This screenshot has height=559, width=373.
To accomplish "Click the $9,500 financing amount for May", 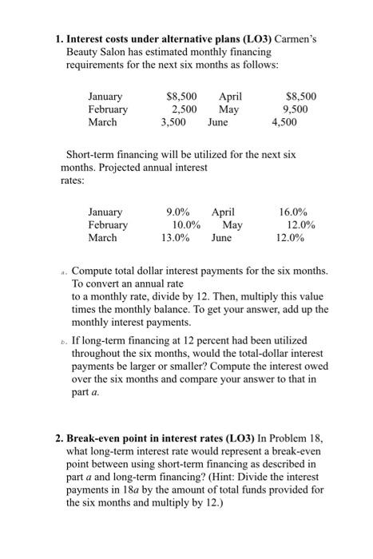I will click(x=300, y=109).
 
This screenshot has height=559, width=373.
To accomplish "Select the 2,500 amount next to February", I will click(x=185, y=109).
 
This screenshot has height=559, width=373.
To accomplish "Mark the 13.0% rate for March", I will click(x=175, y=238).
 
